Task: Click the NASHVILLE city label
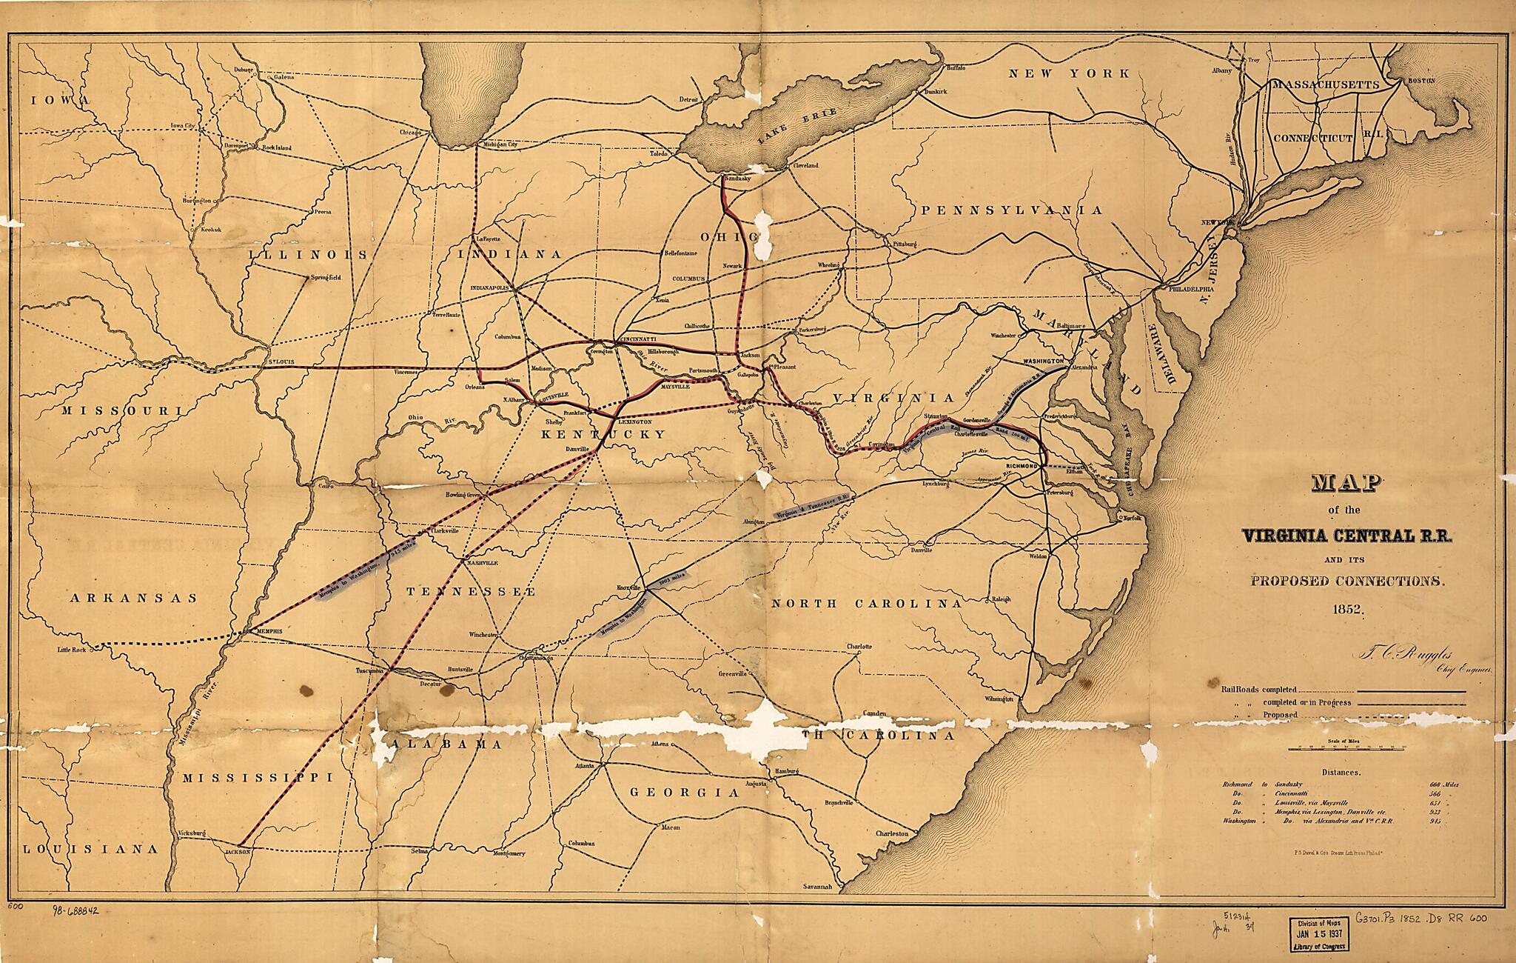pyautogui.click(x=482, y=563)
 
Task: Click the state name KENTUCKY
pyautogui.click(x=603, y=434)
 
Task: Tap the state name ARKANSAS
pyautogui.click(x=135, y=598)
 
